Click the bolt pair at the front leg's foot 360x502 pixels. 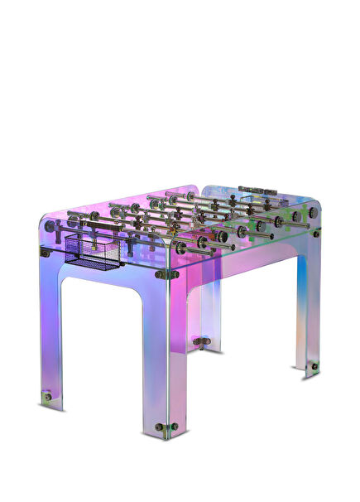point(166,427)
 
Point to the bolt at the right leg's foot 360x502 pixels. point(314,364)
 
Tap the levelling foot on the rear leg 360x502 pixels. point(201,340)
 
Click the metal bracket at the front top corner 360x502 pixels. point(166,274)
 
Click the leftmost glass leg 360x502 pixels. point(50,331)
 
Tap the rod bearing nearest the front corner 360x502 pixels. point(201,243)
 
